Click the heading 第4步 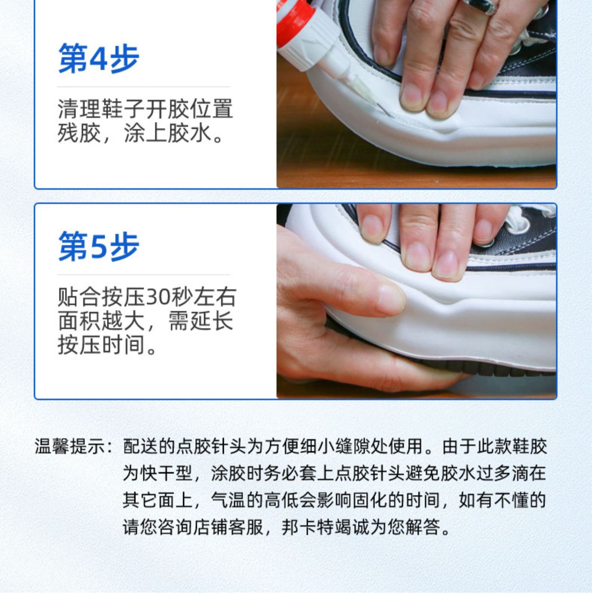pos(99,59)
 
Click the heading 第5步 pos(99,247)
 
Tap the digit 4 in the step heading pos(99,60)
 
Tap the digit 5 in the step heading pos(99,247)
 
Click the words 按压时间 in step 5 pos(101,345)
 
